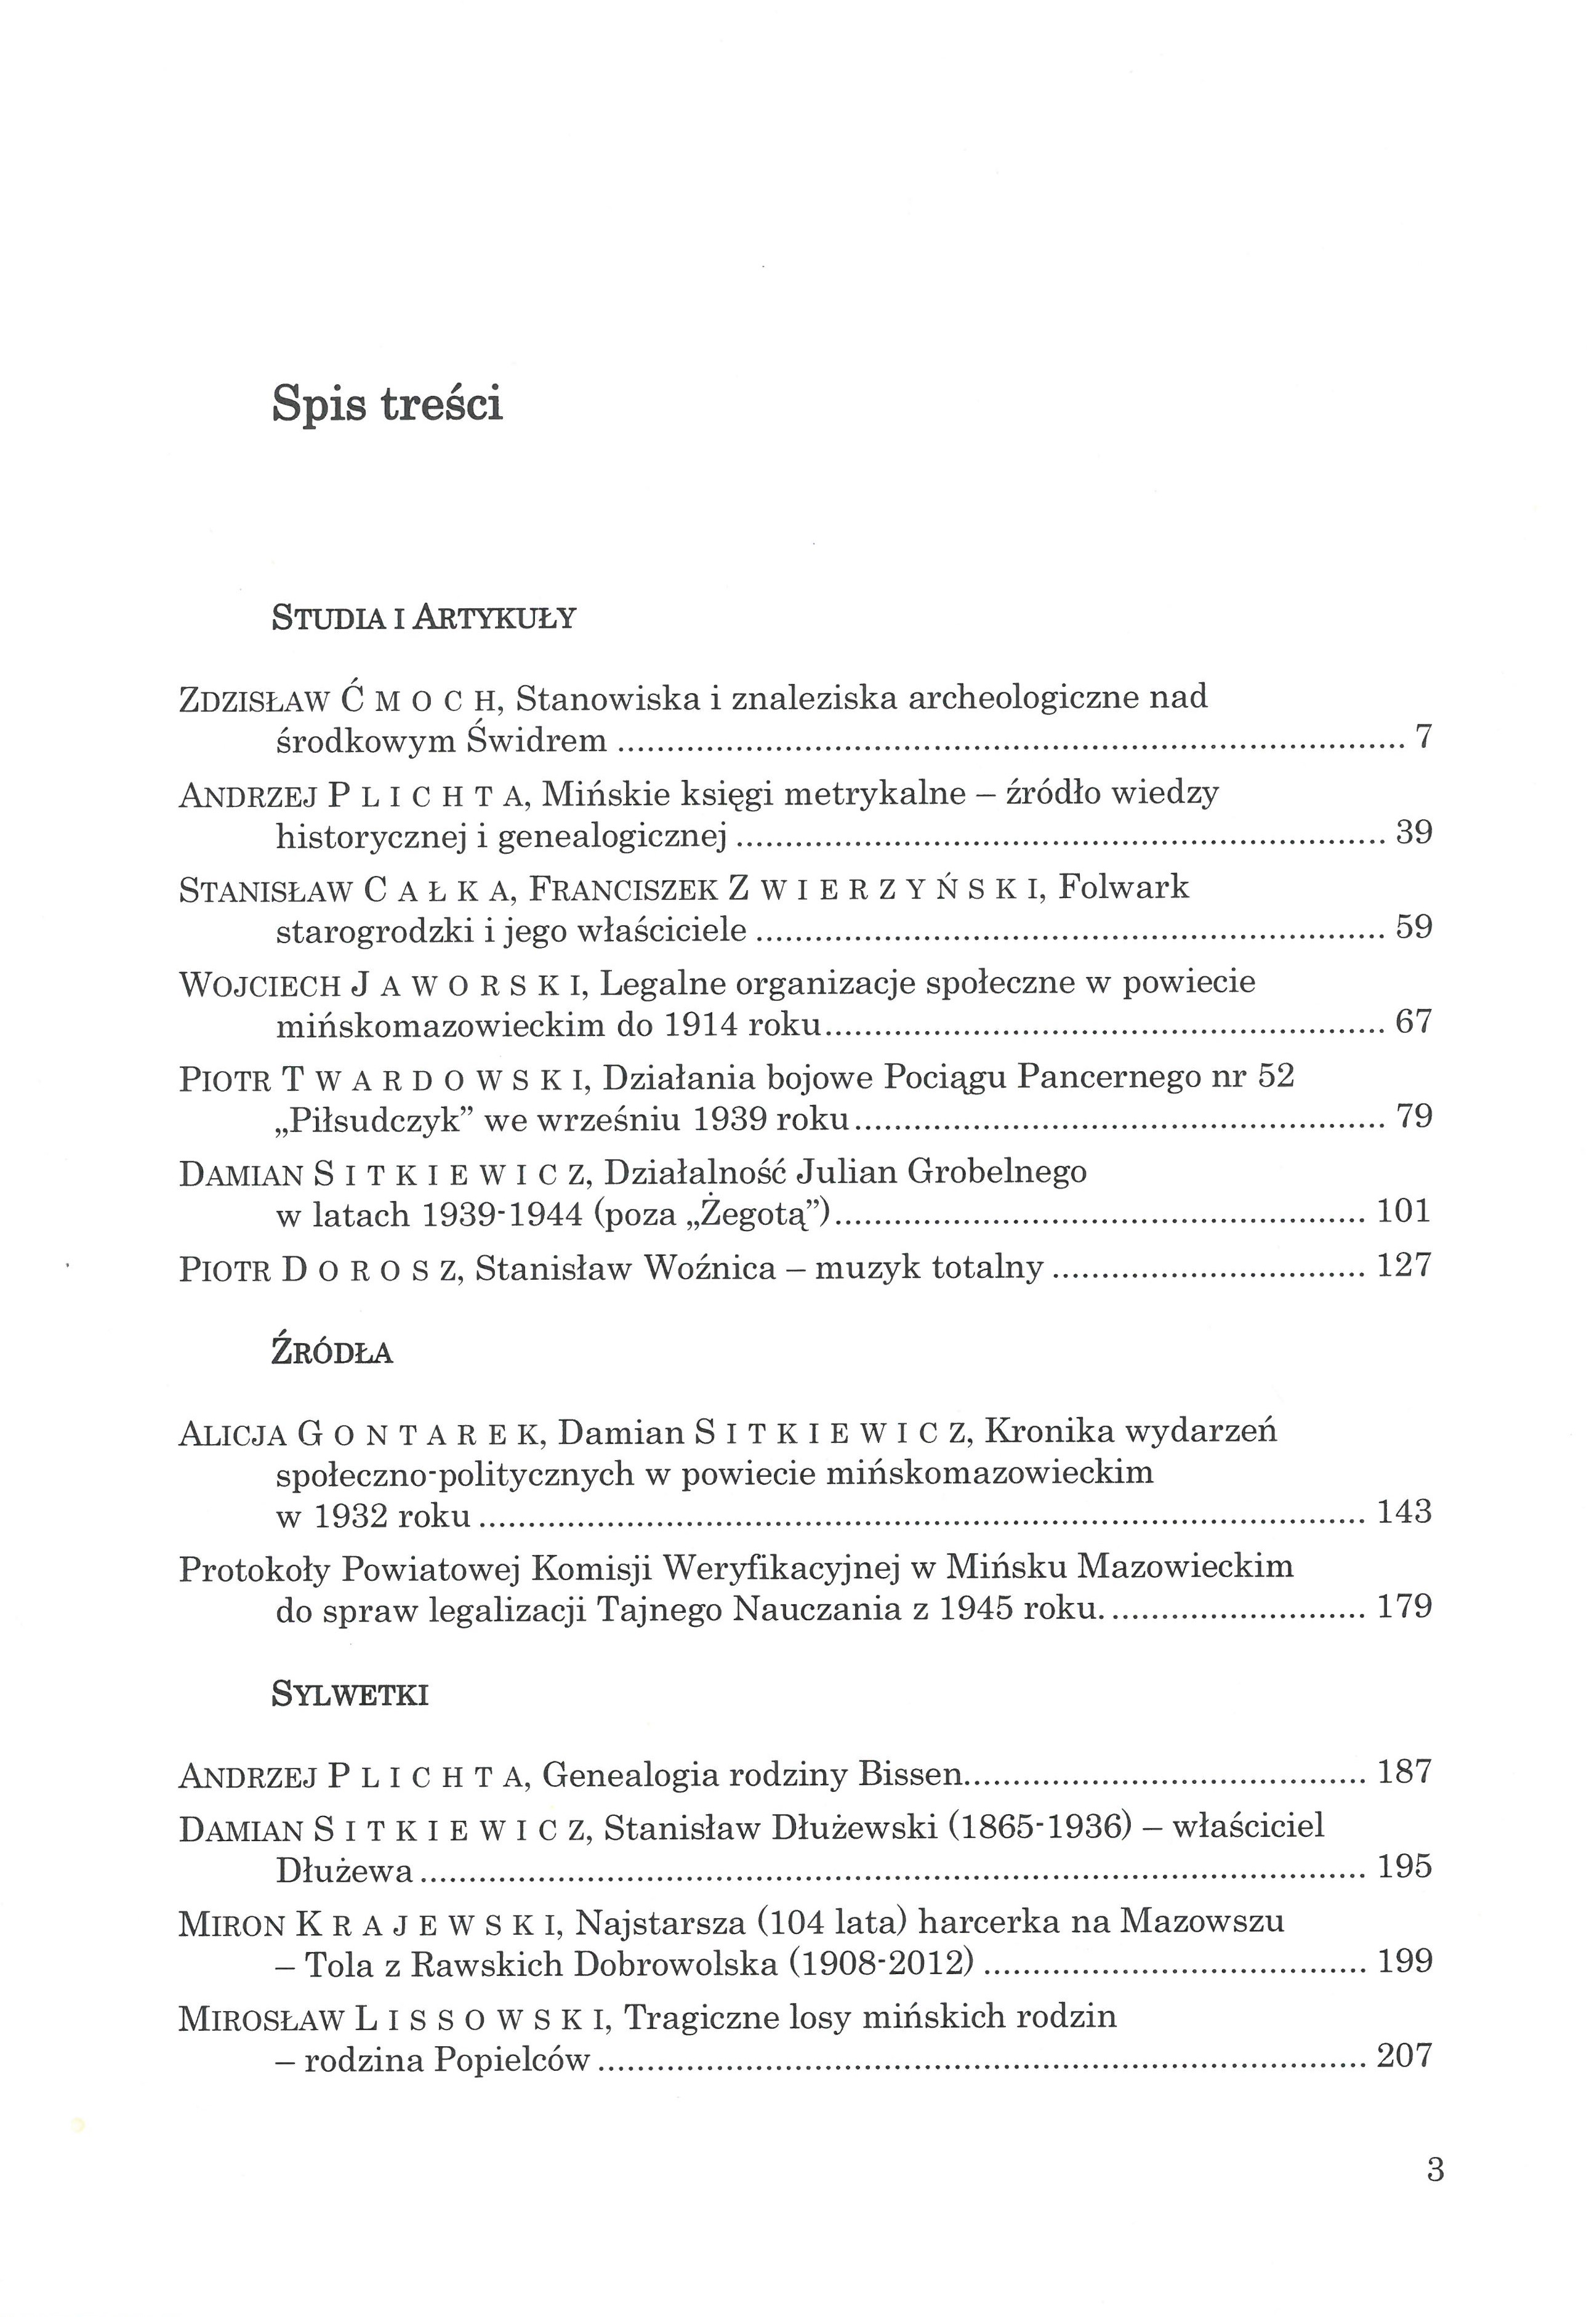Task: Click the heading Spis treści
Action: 387,405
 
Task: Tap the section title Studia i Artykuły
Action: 424,619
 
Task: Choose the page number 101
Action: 1404,1211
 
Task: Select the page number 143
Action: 1404,1512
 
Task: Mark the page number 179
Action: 1404,1606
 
